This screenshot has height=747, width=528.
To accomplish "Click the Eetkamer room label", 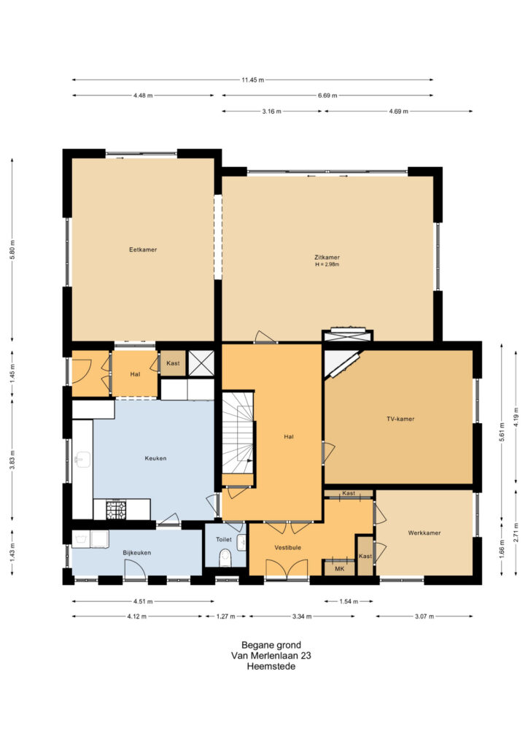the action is pos(143,249).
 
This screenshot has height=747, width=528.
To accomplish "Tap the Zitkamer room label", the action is pos(327,258).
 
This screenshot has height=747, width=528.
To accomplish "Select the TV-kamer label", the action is pos(400,419).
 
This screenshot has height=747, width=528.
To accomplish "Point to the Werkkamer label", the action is pos(424,533).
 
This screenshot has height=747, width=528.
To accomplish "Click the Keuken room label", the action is pos(155,458).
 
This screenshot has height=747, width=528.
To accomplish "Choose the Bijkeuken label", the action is pos(136,553).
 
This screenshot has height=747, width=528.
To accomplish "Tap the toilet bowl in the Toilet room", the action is pos(225,558).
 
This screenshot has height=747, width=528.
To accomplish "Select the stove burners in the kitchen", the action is pos(116,509).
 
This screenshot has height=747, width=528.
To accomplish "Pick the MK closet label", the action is pos(339,569).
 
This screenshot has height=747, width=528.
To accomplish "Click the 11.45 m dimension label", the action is pos(252,80).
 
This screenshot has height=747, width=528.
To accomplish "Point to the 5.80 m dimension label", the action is pos(13,249).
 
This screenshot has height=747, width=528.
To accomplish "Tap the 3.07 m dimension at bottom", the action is pos(424,616).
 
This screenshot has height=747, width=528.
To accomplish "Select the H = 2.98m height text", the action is pos(327,264).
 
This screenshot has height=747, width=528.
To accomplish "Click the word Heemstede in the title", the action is pos(271,667).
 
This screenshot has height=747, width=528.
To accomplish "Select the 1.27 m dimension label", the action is pos(225,616).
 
